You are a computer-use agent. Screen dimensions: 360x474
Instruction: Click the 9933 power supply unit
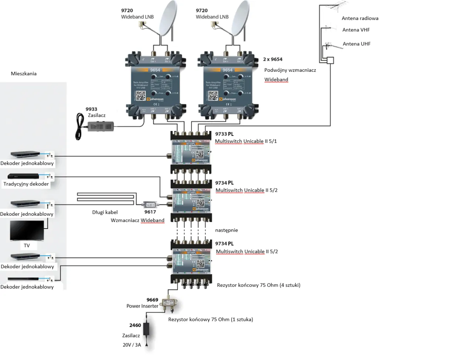[x=100, y=127]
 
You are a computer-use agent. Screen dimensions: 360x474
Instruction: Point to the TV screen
[x=27, y=231]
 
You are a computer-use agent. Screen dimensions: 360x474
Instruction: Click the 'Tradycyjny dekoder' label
[x=26, y=184]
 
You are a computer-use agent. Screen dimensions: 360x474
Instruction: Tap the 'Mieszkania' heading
[x=24, y=74]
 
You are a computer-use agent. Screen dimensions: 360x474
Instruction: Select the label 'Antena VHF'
[x=356, y=30]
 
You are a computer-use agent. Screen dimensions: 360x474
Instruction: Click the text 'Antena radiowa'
[x=360, y=18]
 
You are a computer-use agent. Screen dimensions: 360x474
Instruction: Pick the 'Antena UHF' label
[x=357, y=44]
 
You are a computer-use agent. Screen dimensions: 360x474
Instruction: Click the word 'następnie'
[x=226, y=230]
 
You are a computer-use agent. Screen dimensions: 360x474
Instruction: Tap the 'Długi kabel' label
[x=105, y=212]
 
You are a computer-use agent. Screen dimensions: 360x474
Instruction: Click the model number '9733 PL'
[x=224, y=134]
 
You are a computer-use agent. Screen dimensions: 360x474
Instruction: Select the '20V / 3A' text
[x=132, y=345]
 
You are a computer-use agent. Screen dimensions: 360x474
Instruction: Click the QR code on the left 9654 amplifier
[x=141, y=96]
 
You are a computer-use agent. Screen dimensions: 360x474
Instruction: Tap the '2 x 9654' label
[x=273, y=59]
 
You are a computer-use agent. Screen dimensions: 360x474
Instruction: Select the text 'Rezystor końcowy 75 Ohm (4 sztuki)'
[x=258, y=285]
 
